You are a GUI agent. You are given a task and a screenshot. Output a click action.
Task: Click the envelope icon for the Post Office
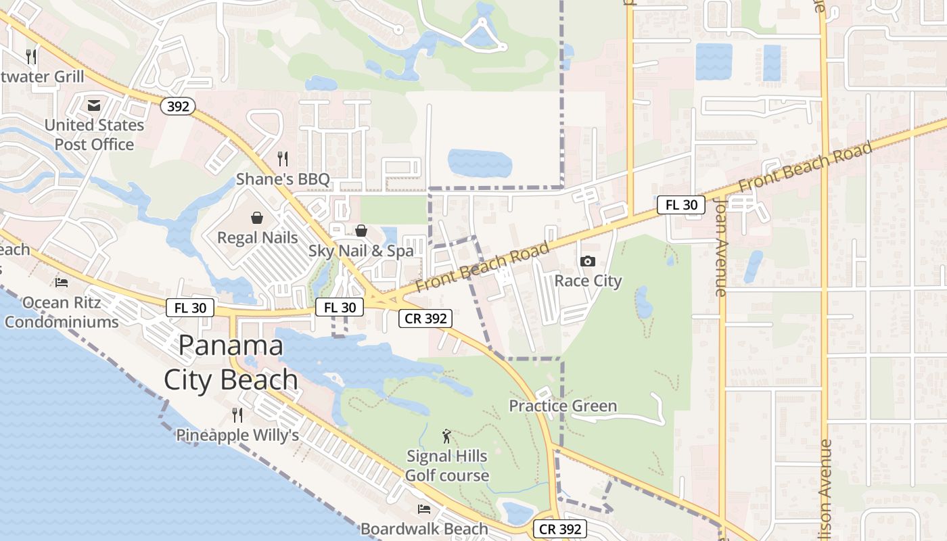coord(94,105)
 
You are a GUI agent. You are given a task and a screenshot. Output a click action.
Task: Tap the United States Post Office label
coord(94,135)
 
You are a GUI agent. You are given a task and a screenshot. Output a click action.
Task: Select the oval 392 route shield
coord(179,105)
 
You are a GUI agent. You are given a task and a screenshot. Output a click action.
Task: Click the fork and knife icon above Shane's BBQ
coord(283,159)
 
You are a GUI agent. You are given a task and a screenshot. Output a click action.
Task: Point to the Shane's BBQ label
coord(283,179)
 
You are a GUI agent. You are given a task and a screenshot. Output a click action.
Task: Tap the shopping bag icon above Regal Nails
coord(257,218)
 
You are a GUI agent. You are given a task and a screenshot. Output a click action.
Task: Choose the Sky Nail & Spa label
coord(361,251)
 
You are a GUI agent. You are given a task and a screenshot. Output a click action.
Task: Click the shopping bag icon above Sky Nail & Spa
coord(361,231)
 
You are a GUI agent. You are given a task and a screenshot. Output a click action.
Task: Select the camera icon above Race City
coord(588,261)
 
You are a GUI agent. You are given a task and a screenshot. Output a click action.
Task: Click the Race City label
coord(588,281)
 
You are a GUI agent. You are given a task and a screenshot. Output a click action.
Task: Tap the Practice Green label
coord(563,406)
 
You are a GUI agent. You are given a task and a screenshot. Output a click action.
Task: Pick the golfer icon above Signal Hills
coord(446,436)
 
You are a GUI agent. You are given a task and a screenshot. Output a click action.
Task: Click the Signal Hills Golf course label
coord(446,466)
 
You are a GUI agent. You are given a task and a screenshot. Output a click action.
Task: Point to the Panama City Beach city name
coord(231,362)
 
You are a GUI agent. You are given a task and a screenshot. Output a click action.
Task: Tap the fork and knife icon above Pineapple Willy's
coord(237,415)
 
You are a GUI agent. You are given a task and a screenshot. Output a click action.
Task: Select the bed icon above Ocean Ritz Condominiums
coord(62,282)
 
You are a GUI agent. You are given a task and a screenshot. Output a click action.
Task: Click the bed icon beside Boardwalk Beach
coord(424,509)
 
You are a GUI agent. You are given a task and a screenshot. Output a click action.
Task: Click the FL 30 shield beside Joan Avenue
coord(681,204)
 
